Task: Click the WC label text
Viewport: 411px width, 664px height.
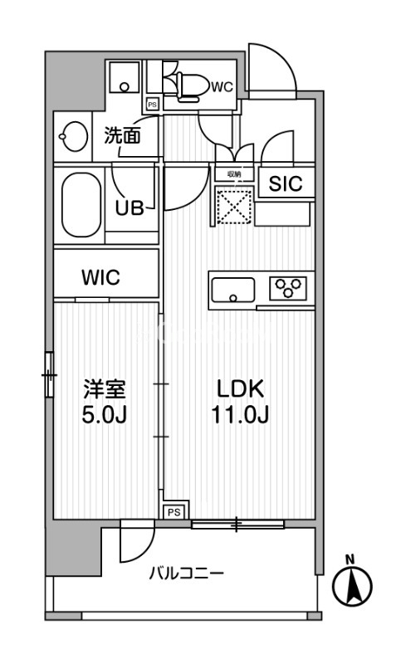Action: (x=222, y=85)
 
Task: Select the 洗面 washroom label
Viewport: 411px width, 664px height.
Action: (x=121, y=136)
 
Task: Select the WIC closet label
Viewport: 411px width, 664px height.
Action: (x=100, y=277)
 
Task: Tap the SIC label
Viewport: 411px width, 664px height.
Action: (x=285, y=184)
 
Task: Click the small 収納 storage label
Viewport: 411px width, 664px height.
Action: (x=233, y=174)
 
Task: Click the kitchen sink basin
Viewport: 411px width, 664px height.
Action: (x=233, y=290)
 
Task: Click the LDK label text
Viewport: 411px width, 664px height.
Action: (x=240, y=388)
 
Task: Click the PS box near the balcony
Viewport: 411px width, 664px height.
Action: (x=174, y=512)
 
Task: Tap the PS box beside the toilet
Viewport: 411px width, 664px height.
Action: (x=152, y=105)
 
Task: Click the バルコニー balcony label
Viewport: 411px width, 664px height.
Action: (x=186, y=573)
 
